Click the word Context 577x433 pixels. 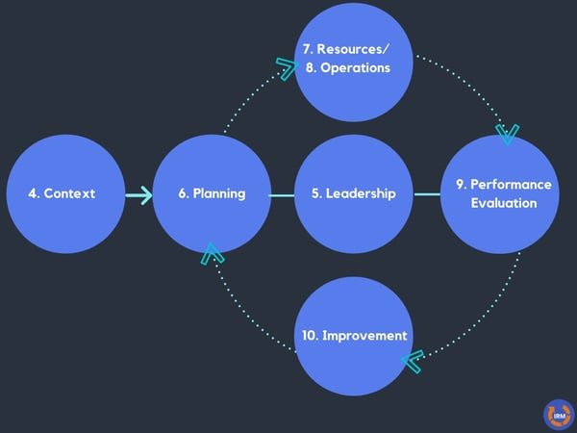(x=69, y=193)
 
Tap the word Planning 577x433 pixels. (x=219, y=194)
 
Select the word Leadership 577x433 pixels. (x=361, y=193)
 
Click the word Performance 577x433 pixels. (x=511, y=185)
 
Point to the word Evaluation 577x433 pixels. (x=504, y=203)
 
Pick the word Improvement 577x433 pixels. (x=364, y=336)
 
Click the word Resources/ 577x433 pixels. (x=353, y=49)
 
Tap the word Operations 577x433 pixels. (x=355, y=68)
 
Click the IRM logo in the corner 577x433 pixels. (x=559, y=415)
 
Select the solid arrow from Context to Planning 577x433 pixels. (x=138, y=195)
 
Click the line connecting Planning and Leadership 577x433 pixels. (x=282, y=195)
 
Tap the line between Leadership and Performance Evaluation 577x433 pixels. (x=427, y=194)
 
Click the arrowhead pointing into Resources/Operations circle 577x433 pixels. (x=287, y=68)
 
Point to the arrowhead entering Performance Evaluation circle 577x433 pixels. (x=508, y=135)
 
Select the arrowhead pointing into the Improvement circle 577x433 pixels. (x=413, y=361)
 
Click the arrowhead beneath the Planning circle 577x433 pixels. (x=212, y=254)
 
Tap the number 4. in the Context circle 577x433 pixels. (x=34, y=193)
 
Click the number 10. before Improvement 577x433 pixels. (x=311, y=336)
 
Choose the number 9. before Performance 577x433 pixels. (x=462, y=185)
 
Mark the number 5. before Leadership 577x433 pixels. (x=317, y=193)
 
